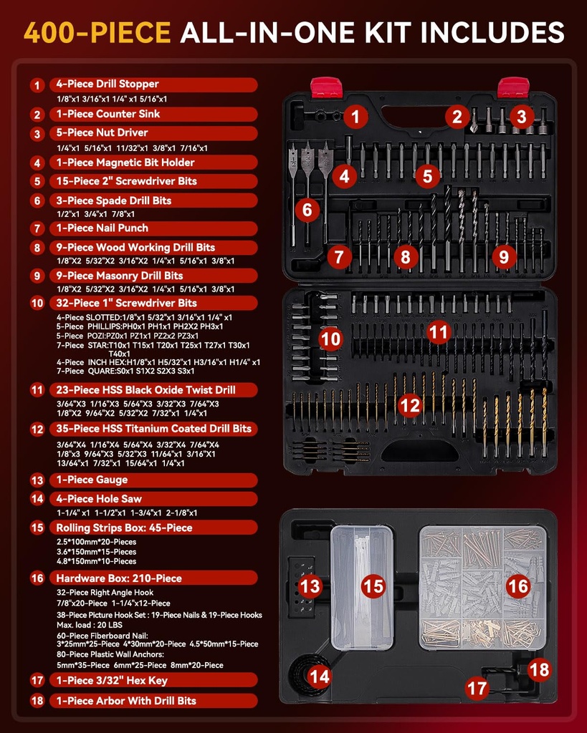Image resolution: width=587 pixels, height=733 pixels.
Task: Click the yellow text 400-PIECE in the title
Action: point(96,32)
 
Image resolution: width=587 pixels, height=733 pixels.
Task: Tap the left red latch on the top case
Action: point(326,87)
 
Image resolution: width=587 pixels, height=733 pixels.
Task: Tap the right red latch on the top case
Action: point(513,87)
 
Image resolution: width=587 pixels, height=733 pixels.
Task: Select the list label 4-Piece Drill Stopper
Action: point(108,84)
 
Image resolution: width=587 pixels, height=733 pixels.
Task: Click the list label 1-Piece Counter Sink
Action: point(108,114)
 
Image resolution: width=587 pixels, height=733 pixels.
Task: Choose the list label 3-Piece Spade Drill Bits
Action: point(114,200)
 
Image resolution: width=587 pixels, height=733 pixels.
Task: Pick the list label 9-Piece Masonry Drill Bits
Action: point(119,276)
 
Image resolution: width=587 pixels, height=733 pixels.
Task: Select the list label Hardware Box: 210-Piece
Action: point(119,578)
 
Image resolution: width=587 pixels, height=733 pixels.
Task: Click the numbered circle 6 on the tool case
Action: point(307,210)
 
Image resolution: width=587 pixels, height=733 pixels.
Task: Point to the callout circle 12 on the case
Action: point(409,406)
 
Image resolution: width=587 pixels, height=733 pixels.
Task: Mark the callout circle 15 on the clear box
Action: point(373,586)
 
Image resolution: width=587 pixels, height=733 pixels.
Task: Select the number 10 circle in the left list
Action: point(37,304)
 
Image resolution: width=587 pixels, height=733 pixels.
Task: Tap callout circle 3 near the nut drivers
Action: point(521,116)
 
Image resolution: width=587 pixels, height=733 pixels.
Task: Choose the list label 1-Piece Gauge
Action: point(92,480)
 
